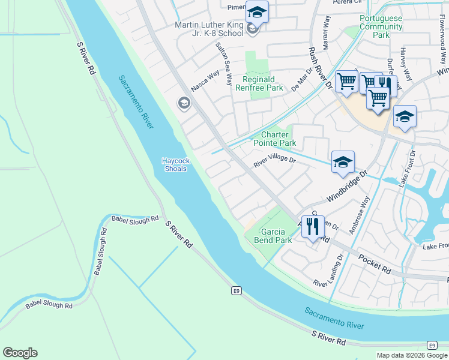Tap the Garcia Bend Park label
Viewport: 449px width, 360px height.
coord(276,236)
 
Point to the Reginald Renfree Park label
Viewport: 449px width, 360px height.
coord(262,83)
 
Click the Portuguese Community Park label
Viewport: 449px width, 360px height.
coord(381,26)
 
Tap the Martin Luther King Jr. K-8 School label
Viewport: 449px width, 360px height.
coord(209,29)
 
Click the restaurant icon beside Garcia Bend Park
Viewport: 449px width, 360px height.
coord(313,227)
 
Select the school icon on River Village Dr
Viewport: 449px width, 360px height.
coord(343,162)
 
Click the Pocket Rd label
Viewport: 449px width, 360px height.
coord(375,263)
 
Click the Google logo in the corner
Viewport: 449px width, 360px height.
coord(20,353)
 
